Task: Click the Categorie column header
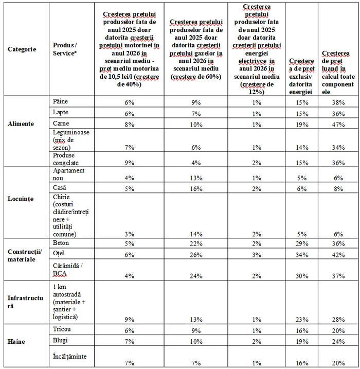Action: point(22,49)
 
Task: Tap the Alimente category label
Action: point(21,124)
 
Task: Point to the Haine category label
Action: point(16,340)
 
